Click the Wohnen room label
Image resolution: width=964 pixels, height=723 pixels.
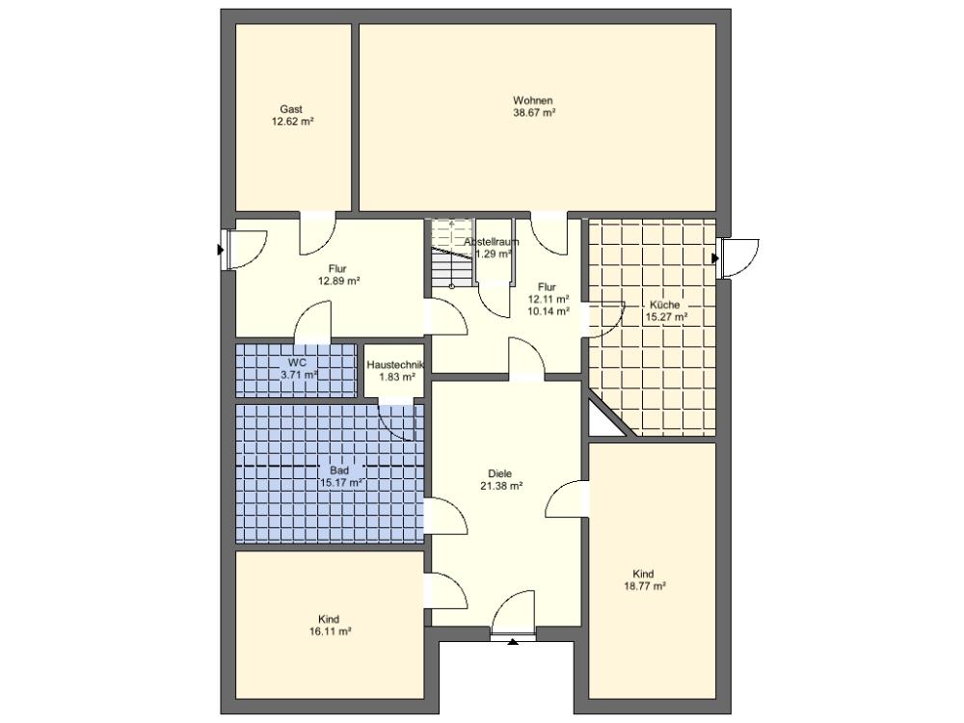click(533, 100)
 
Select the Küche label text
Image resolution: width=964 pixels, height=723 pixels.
click(664, 305)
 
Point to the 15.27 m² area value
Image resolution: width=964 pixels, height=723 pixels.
click(666, 317)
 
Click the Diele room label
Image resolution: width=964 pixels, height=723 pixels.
click(499, 473)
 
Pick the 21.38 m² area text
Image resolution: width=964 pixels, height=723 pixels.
click(501, 486)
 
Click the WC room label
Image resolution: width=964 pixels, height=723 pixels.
click(298, 362)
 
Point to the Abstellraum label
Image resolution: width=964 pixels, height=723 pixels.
click(492, 242)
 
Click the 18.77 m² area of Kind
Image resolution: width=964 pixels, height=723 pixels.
click(645, 586)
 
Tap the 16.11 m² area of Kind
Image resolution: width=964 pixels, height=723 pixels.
click(330, 631)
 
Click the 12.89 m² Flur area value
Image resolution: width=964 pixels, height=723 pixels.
click(338, 281)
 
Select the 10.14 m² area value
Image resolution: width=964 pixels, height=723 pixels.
click(549, 311)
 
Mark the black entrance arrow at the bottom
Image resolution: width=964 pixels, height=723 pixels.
click(514, 641)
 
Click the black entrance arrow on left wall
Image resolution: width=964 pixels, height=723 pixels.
click(220, 251)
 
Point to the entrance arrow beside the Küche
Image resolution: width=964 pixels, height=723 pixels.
click(715, 258)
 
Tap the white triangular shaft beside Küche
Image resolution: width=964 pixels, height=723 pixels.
click(599, 419)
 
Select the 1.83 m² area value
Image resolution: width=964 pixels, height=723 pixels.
click(396, 377)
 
